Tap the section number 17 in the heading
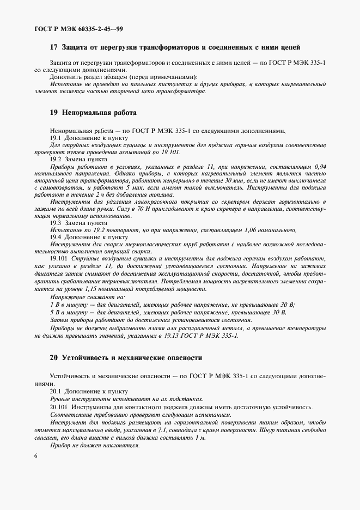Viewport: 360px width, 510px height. click(53, 47)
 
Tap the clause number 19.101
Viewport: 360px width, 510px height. click(59, 259)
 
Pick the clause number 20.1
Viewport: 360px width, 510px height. click(56, 391)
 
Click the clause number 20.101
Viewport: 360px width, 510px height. click(59, 406)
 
